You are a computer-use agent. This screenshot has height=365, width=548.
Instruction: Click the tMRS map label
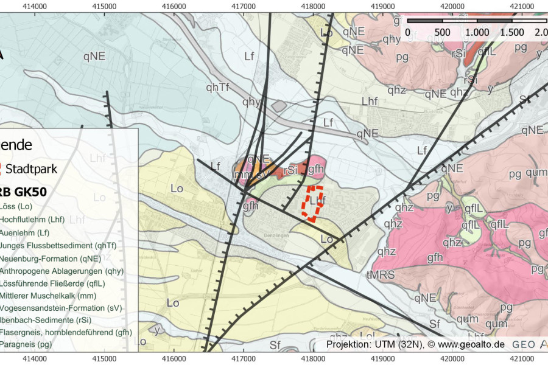point(381,275)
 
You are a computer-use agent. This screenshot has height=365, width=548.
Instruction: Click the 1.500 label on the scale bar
point(511,32)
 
